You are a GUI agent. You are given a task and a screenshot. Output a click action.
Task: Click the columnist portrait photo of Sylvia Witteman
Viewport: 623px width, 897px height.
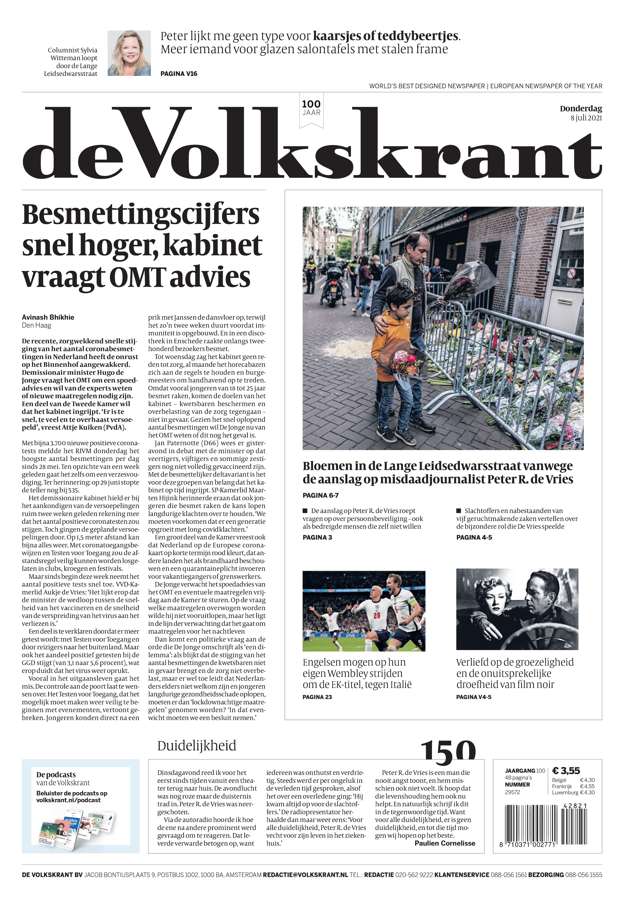tap(129, 53)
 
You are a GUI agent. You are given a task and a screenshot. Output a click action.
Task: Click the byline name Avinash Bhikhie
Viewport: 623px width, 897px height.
tap(48, 317)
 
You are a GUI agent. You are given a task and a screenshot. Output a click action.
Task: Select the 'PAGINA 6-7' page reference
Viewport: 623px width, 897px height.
tap(321, 495)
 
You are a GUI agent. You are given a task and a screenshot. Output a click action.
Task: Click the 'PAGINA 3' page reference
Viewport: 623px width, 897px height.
tap(317, 537)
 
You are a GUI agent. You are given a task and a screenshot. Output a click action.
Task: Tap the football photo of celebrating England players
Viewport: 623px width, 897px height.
tap(364, 611)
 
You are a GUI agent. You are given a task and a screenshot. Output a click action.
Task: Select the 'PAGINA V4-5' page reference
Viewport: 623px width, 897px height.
tap(474, 697)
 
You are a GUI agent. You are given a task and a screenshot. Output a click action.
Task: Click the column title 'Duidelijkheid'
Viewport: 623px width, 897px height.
tap(197, 746)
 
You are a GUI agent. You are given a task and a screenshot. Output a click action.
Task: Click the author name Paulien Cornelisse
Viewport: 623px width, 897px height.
tap(445, 843)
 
